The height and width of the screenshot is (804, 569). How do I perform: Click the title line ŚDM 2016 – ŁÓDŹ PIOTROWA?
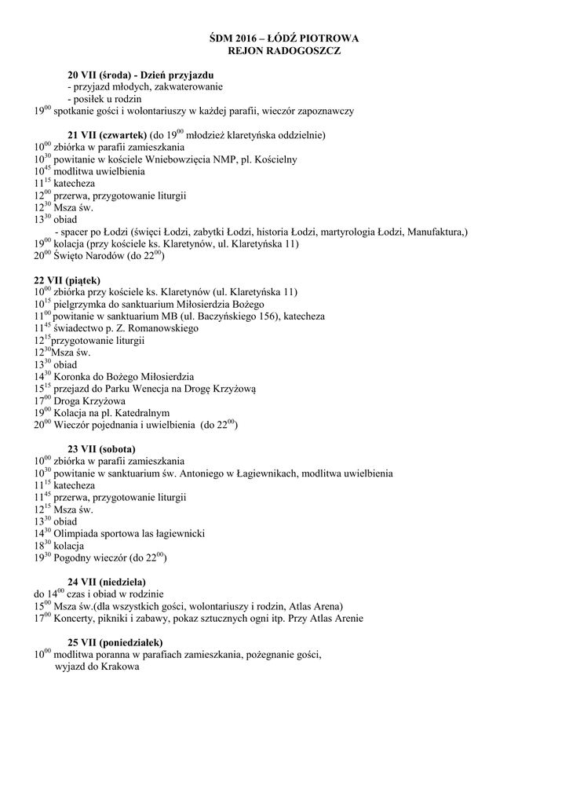(284, 38)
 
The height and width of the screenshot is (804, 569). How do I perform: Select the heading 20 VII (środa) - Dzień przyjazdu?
(140, 75)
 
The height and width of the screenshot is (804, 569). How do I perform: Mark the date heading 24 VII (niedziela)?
(107, 582)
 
